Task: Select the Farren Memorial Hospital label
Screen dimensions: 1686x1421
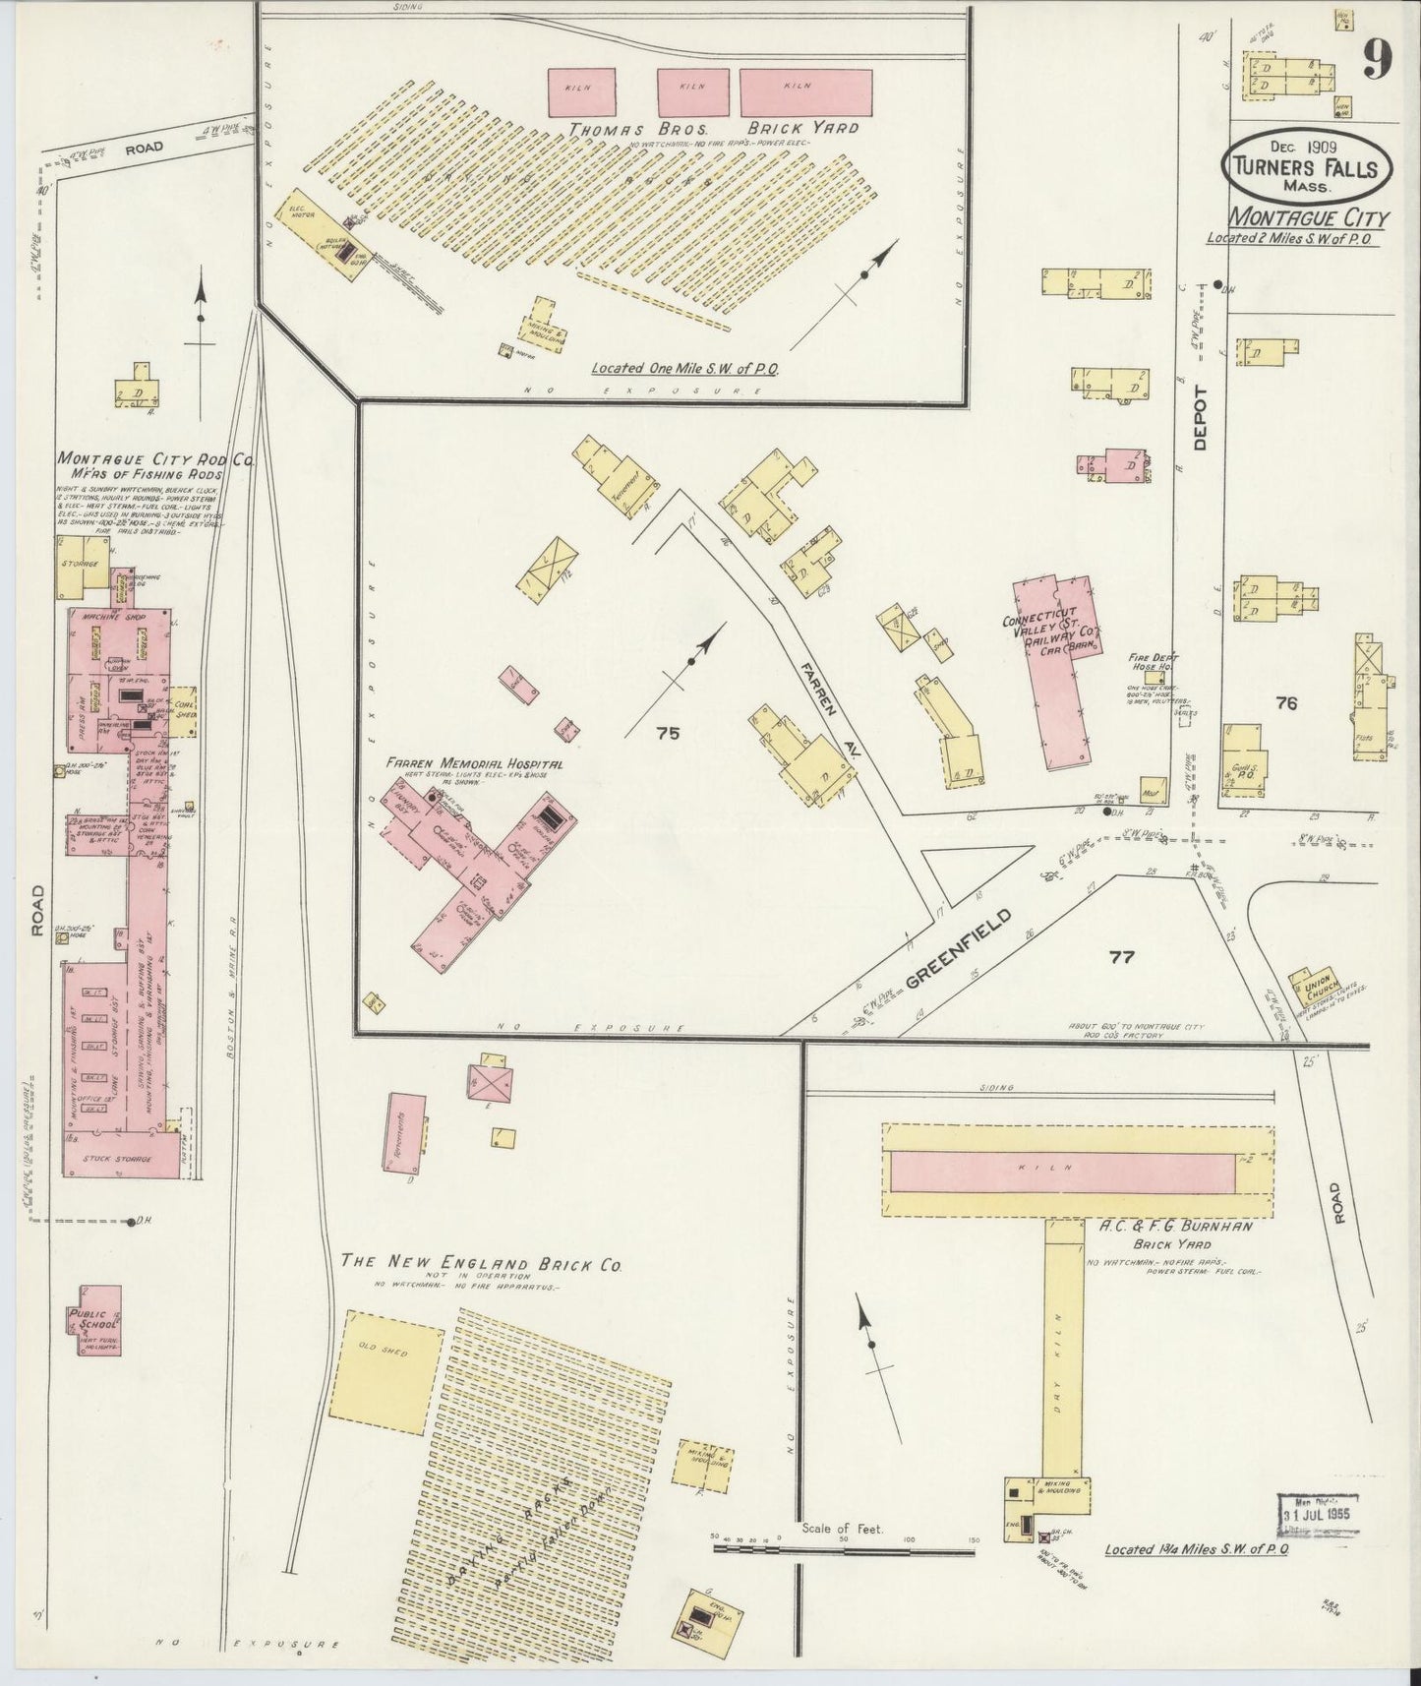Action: pos(474,763)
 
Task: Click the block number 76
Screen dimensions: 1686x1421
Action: pos(1285,702)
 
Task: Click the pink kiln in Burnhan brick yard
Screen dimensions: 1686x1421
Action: pos(1061,1170)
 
